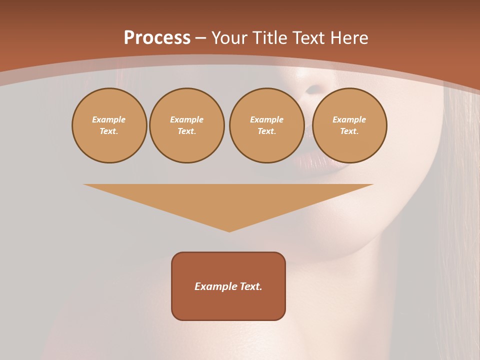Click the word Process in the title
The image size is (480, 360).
pyautogui.click(x=157, y=38)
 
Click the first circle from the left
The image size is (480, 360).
pyautogui.click(x=109, y=125)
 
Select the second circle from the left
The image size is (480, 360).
pyautogui.click(x=187, y=125)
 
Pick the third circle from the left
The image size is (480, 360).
pyautogui.click(x=267, y=125)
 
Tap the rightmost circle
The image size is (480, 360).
pyautogui.click(x=349, y=125)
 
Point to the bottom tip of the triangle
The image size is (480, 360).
pyautogui.click(x=229, y=231)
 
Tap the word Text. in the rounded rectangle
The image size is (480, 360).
pyautogui.click(x=250, y=286)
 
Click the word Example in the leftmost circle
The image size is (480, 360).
pyautogui.click(x=109, y=119)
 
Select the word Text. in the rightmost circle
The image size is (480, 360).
pyautogui.click(x=349, y=131)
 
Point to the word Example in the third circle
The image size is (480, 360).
pyautogui.click(x=267, y=119)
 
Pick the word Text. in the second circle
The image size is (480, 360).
pyautogui.click(x=187, y=131)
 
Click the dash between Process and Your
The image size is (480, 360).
pyautogui.click(x=201, y=38)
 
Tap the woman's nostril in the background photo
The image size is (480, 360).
pyautogui.click(x=313, y=90)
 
